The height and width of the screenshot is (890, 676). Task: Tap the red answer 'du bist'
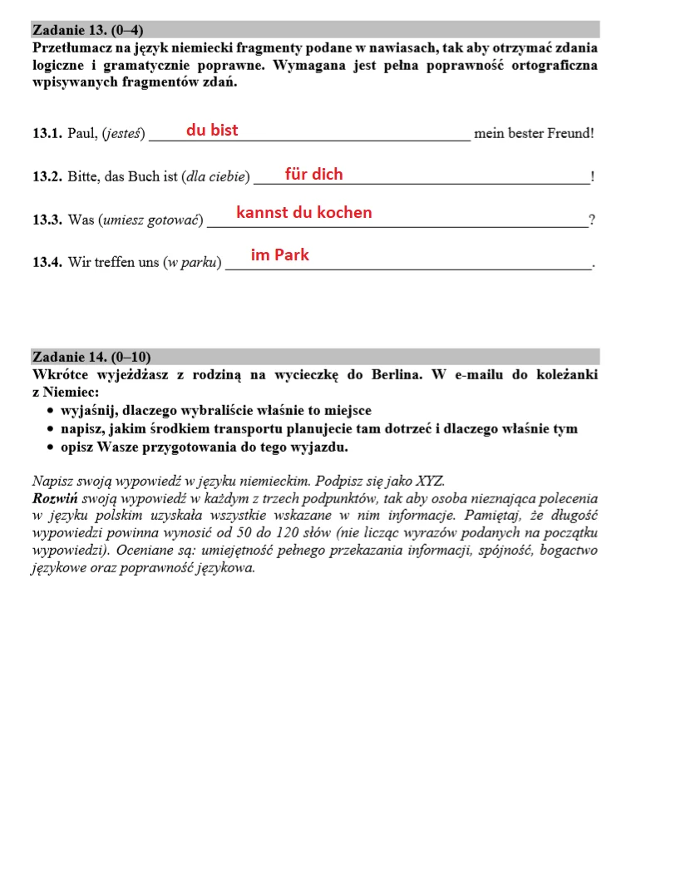coord(212,130)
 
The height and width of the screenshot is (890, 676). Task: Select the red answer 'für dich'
coord(313,174)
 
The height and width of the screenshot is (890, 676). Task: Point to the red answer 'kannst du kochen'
coord(303,212)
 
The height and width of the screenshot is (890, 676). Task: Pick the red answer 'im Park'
coord(279,255)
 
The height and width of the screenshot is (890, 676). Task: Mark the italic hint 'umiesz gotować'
coord(150,220)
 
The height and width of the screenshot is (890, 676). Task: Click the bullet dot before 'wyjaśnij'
coord(52,411)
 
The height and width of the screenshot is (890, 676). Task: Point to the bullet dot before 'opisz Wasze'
coord(52,447)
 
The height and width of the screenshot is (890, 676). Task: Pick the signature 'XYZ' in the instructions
coord(431,482)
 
